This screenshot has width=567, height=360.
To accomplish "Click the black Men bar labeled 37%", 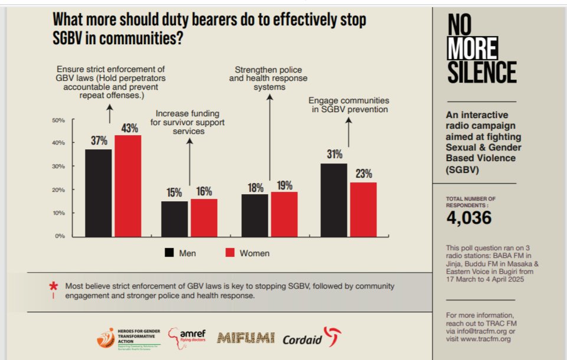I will pyautogui.click(x=98, y=192).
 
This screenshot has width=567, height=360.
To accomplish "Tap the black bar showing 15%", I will pyautogui.click(x=175, y=218).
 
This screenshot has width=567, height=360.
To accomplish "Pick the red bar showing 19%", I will pyautogui.click(x=284, y=214).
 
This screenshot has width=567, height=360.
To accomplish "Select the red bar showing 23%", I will pyautogui.click(x=363, y=209).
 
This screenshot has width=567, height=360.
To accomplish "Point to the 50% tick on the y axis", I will pyautogui.click(x=58, y=120).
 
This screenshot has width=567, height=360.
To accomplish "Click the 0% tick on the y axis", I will pyautogui.click(x=60, y=236).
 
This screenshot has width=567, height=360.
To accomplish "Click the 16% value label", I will pyautogui.click(x=204, y=192).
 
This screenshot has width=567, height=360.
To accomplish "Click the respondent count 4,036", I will pyautogui.click(x=468, y=218).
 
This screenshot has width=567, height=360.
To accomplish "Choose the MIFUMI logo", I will pyautogui.click(x=245, y=338).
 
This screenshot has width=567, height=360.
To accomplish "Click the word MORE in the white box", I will pyautogui.click(x=472, y=49).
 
